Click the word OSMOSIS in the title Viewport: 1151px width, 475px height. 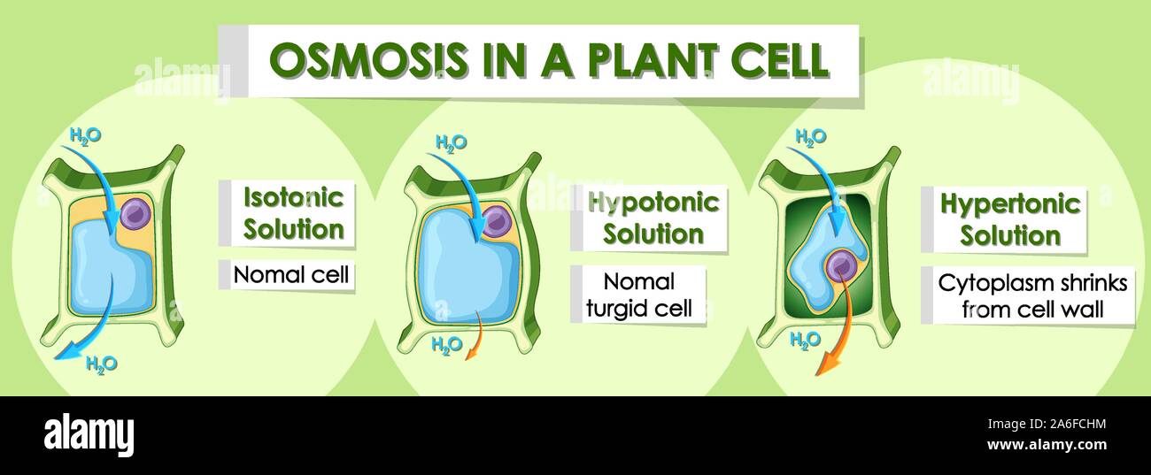pos(368,60)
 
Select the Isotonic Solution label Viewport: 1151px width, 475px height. pos(293,213)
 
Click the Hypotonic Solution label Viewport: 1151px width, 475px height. pos(653,218)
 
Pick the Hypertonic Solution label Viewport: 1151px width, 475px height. pos(1010,219)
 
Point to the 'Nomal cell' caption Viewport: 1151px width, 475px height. pos(291,275)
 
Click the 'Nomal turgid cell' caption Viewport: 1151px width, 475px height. pos(639,295)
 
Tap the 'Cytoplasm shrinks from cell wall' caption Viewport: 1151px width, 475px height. pos(1033,296)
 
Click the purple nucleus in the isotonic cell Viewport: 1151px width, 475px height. pos(135,214)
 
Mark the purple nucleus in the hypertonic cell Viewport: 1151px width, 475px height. pos(842,266)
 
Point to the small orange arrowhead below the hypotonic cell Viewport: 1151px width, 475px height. pos(469,354)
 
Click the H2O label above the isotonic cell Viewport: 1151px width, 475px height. pos(85,136)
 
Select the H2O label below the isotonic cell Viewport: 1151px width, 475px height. pos(102,364)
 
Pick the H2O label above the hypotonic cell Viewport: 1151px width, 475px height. pos(452,142)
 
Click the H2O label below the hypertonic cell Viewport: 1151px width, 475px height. pos(805,340)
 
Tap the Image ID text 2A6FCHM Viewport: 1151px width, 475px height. pos(1075,425)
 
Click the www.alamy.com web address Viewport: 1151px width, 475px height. pos(1047,445)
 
